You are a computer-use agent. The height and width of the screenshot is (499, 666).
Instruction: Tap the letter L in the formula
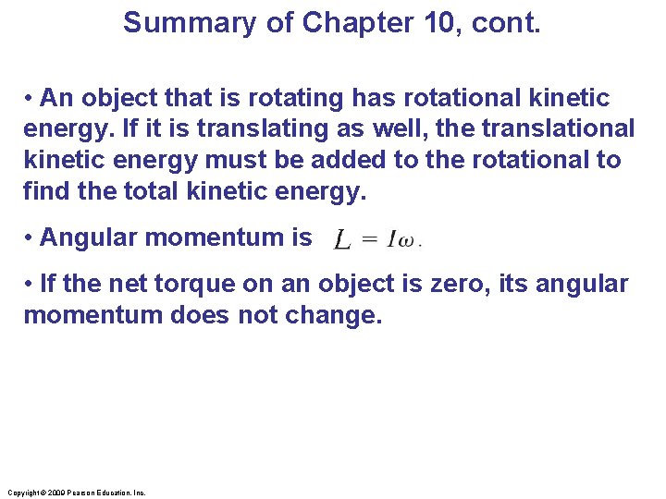tap(341, 240)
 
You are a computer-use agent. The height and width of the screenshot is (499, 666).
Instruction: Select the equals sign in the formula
tap(368, 240)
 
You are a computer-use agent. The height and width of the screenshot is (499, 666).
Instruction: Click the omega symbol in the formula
tap(407, 242)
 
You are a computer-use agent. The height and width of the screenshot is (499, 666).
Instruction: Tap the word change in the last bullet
tap(332, 315)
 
